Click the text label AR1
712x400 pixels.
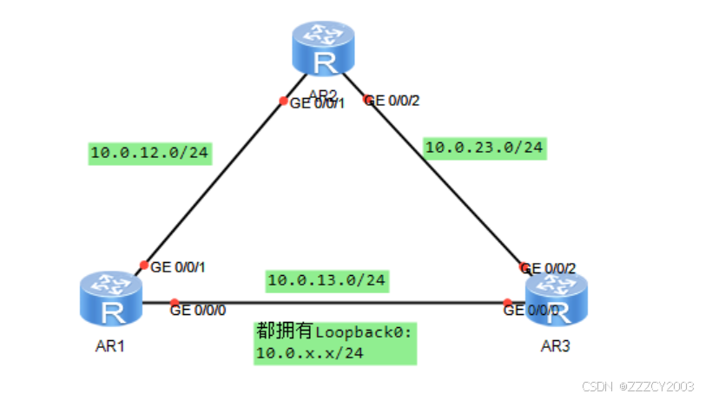[110, 346]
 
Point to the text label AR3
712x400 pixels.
[556, 346]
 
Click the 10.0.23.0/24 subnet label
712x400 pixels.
[485, 148]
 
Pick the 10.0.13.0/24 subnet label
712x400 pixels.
[326, 280]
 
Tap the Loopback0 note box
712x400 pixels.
[335, 342]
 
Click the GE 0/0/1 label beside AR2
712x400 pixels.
[317, 103]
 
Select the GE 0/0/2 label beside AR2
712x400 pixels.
[395, 101]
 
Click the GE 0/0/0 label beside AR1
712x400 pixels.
[198, 308]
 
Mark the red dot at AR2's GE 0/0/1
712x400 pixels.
[283, 101]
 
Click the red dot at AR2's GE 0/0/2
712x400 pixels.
[367, 100]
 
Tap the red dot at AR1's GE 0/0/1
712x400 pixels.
[144, 266]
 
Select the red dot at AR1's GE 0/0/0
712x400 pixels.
[175, 303]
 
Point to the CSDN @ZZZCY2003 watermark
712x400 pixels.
[638, 385]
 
